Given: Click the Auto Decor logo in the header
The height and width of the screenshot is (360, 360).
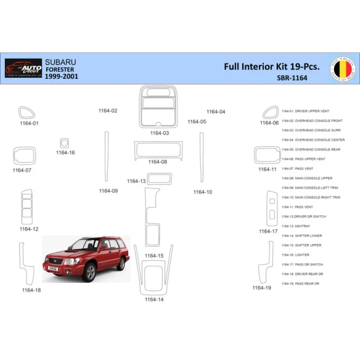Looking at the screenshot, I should coord(23,67).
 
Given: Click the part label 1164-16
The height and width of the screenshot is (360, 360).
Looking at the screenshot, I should coord(65,152).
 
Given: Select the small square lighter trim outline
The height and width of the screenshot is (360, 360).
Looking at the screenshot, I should coord(65,142).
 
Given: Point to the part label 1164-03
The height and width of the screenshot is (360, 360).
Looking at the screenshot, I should coord(160,133).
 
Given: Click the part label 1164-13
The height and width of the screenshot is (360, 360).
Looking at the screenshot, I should coord(136,181).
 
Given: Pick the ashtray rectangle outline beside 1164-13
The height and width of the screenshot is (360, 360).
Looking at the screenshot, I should coord(159,179).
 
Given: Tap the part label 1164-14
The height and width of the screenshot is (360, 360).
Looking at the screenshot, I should coord(154,300).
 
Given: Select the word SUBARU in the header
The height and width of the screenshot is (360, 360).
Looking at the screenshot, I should coord(60,62).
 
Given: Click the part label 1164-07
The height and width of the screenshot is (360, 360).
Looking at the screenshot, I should coord(22,170).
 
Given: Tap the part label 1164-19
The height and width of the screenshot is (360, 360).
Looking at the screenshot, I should coord(261,288).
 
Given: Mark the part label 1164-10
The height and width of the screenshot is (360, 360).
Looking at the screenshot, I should coord(203,192).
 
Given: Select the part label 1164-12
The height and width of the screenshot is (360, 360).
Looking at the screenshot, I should coord(28,229).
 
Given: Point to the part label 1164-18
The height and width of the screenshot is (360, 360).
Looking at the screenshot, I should coord(31,290).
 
